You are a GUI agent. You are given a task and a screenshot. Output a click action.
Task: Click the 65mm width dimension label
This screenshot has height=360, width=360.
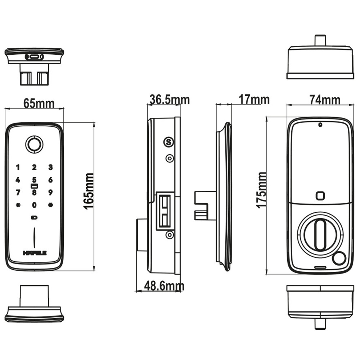click(x=39, y=103)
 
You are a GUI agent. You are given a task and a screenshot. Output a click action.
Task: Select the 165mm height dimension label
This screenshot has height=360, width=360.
click(x=89, y=191)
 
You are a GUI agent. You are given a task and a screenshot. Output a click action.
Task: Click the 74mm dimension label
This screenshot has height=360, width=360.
click(x=325, y=100)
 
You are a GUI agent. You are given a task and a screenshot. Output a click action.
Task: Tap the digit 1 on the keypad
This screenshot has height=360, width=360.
click(x=18, y=167)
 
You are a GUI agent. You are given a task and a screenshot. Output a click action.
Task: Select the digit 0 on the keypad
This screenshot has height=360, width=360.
click(x=34, y=205)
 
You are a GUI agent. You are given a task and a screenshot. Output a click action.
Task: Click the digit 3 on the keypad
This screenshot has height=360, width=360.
click(x=50, y=167)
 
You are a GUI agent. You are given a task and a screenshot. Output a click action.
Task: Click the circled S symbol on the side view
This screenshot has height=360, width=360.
click(x=168, y=142)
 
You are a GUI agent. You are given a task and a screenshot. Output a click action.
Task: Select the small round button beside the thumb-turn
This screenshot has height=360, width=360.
click(x=339, y=258)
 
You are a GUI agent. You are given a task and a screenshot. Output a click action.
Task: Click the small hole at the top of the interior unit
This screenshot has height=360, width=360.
click(x=320, y=125)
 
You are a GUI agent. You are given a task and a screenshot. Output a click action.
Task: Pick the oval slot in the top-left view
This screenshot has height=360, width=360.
click(x=35, y=57)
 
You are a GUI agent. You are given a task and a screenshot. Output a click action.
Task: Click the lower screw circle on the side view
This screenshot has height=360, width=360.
click(x=168, y=235)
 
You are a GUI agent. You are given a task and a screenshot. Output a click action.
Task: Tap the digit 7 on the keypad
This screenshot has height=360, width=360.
click(x=18, y=193)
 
